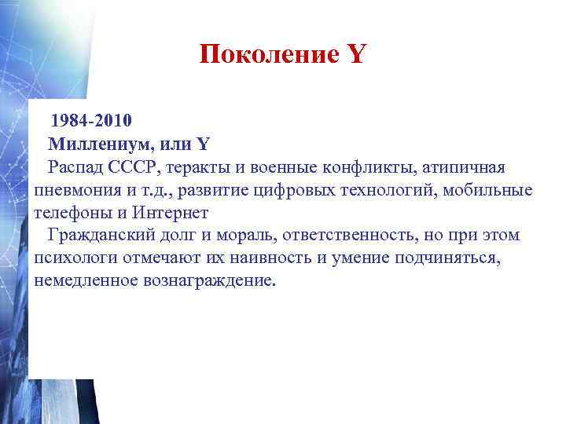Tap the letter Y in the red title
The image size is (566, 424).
(x=355, y=54)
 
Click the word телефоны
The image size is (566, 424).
(x=72, y=213)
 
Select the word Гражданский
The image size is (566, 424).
(x=100, y=236)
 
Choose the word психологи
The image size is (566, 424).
(x=72, y=258)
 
